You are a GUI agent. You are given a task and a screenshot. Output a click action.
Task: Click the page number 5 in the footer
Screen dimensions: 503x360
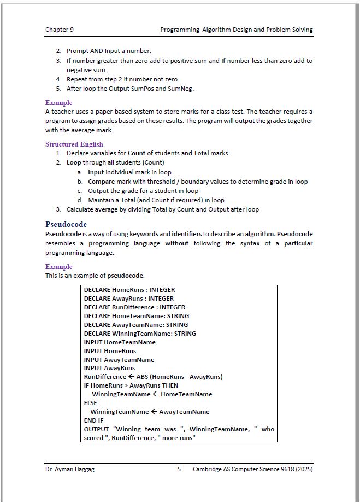click(179, 469)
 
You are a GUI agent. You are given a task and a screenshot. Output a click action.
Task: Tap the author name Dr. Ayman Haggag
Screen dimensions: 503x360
click(70, 469)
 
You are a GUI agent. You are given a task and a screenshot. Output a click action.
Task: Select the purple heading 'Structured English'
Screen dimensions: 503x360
click(74, 144)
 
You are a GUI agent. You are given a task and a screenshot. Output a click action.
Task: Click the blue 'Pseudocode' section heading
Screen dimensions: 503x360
click(66, 224)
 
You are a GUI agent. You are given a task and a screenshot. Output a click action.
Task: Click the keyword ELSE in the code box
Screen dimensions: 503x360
click(91, 403)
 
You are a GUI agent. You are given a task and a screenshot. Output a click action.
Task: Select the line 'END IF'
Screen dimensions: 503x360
click(94, 420)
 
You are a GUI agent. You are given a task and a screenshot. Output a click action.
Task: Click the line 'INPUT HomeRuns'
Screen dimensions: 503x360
click(110, 351)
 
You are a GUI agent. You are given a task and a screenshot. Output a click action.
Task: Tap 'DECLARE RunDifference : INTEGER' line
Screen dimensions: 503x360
click(134, 307)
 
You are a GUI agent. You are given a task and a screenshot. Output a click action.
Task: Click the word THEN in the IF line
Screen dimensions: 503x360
click(169, 385)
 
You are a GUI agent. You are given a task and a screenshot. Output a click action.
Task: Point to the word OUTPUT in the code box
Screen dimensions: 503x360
click(96, 429)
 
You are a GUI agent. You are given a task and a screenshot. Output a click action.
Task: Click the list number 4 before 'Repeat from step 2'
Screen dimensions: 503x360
click(58, 79)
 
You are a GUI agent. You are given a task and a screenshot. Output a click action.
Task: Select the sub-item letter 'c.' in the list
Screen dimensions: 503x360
click(80, 191)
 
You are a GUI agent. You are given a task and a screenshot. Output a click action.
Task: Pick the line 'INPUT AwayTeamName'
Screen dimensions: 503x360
click(119, 360)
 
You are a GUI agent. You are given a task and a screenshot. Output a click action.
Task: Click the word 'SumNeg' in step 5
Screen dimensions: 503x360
click(182, 88)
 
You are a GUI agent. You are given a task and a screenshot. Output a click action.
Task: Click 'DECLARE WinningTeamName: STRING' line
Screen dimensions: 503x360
click(140, 334)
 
